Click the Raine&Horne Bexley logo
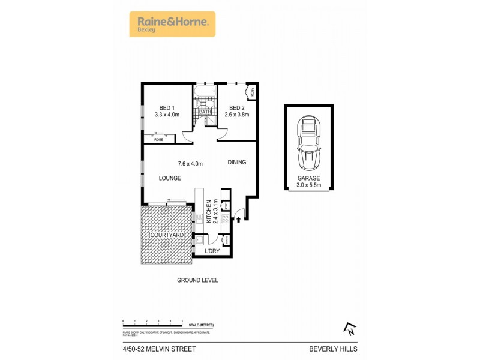172,24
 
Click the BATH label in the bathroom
205,112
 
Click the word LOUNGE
170,178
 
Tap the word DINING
236,163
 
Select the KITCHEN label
209,211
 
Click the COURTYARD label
167,235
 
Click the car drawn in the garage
309,142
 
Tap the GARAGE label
309,178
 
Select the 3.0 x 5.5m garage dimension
309,185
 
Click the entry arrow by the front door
239,220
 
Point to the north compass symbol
349,328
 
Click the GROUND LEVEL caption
197,280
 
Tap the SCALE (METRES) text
201,325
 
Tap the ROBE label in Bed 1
158,140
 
